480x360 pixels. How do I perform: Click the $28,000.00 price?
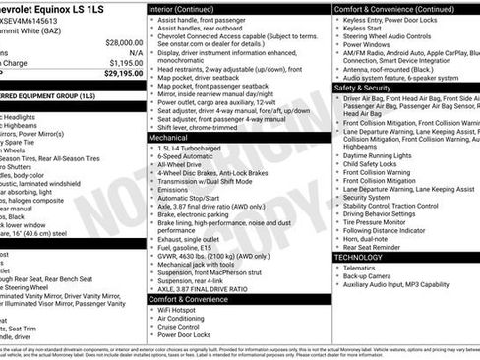coord(117,43)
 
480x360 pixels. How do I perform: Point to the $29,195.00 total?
coord(117,72)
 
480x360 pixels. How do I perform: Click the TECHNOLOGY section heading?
coord(358,257)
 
